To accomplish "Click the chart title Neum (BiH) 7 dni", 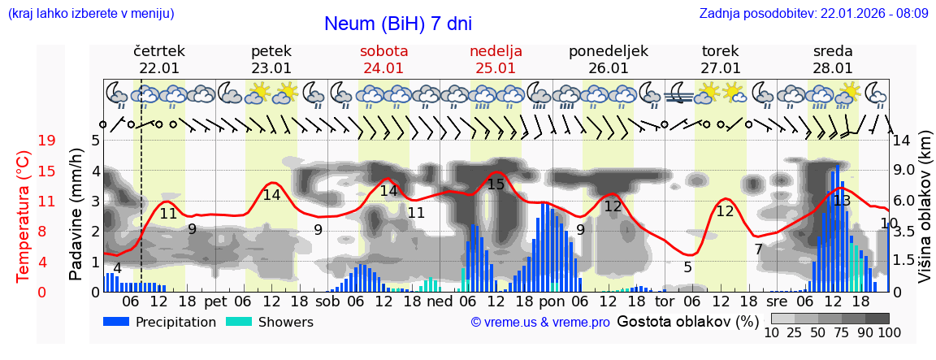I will click(x=397, y=24).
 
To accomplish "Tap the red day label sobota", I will click(x=383, y=51).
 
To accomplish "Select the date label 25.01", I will click(x=496, y=68).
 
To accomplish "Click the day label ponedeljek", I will click(x=608, y=51).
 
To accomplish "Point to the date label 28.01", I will click(x=833, y=68).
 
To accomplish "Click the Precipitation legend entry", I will click(x=159, y=322).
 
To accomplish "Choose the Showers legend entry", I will click(x=269, y=322).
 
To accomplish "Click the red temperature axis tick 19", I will click(x=46, y=141).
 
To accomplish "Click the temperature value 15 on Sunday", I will click(x=495, y=184).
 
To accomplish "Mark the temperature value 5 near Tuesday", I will click(x=687, y=267).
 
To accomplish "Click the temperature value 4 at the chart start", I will click(x=118, y=268).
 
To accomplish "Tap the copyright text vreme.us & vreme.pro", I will click(x=540, y=322).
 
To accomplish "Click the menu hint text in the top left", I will click(x=90, y=13).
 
